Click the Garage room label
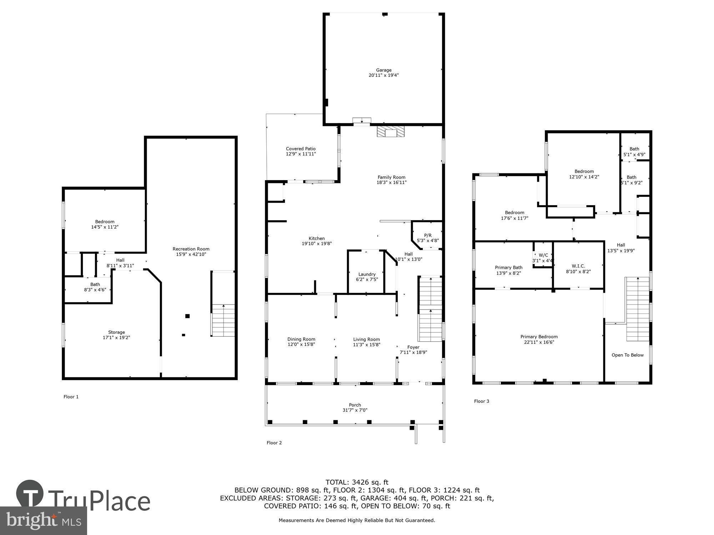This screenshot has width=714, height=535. tap(383, 70)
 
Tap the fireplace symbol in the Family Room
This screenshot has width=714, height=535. tap(391, 132)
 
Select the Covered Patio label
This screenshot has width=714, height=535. tap(301, 149)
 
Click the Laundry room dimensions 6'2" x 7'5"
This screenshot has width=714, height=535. tap(367, 280)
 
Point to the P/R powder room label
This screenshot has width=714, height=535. tap(428, 235)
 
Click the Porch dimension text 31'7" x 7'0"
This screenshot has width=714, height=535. tap(355, 410)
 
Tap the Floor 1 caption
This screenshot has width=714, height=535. tap(71, 397)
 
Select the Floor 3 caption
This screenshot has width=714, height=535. tap(481, 401)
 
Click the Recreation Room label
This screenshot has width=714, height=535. tap(191, 249)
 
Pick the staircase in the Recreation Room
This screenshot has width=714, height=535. tap(223, 320)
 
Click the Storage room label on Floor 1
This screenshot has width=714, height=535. tap(116, 332)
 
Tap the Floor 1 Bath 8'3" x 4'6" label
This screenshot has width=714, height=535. tap(95, 287)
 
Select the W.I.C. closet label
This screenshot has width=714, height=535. tap(578, 266)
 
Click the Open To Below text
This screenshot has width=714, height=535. tap(627, 355)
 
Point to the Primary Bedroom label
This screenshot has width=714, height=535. tap(539, 337)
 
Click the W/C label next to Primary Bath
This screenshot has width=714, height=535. tap(543, 255)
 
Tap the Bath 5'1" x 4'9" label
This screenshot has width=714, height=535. tap(634, 152)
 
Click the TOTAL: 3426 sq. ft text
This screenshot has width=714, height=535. tap(357, 483)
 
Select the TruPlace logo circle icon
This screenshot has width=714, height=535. tap(30, 494)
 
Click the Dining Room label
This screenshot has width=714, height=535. tap(301, 339)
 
